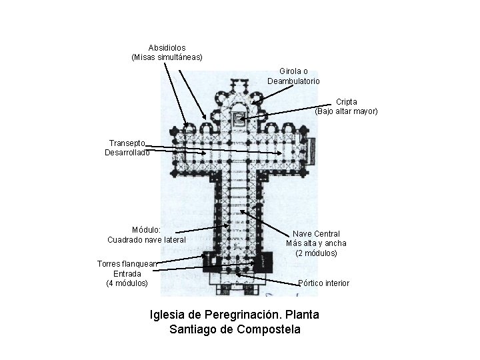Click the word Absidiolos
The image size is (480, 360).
[167, 48]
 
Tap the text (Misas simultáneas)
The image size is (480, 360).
[167, 58]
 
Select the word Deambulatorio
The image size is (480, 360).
[293, 81]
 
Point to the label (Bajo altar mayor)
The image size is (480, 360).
[346, 111]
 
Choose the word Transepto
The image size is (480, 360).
[127, 142]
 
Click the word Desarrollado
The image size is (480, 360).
[127, 152]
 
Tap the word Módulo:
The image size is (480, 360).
[146, 229]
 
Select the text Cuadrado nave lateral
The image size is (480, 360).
[146, 239]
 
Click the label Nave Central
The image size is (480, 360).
[317, 233]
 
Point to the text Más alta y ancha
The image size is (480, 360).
[317, 243]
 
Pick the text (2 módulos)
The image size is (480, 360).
[317, 253]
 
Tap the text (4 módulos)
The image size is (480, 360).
[127, 283]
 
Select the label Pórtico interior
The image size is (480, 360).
[323, 283]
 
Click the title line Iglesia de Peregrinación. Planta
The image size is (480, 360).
[235, 313]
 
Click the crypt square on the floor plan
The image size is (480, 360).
[238, 119]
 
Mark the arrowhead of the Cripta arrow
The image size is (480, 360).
[242, 119]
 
